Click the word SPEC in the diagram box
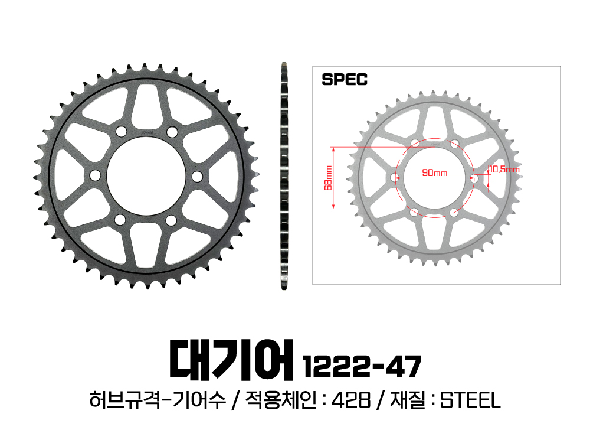pos(345,80)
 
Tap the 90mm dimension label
pos(435,172)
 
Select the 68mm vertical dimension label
pos(329,178)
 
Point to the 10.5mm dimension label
pos(504,169)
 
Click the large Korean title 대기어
pos(231,360)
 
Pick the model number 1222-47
pos(362,367)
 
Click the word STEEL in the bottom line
pos(470,400)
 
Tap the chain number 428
pos(350,400)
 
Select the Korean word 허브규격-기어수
pos(158,400)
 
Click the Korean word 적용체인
pos(281,400)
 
